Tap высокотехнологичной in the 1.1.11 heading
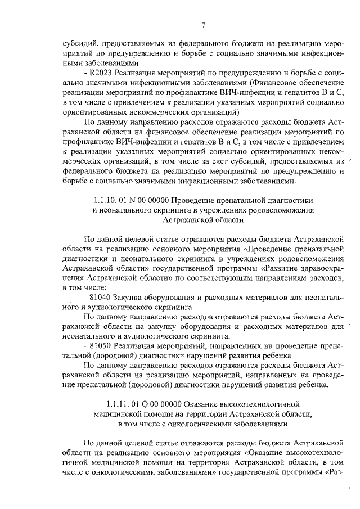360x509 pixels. click(x=256, y=404)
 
